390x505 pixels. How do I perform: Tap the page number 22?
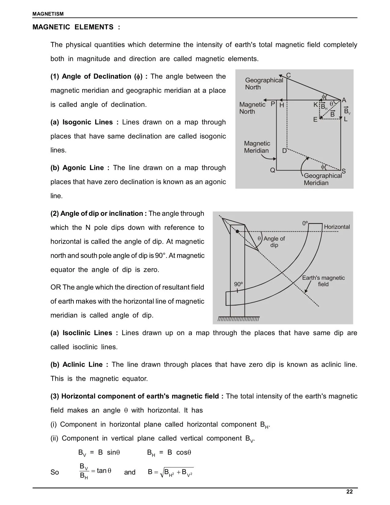click(349, 492)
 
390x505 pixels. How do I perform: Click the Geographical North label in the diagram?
click(264, 84)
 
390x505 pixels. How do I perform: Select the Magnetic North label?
click(252, 108)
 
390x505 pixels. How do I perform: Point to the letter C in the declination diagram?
click(288, 75)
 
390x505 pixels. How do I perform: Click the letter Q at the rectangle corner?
click(273, 170)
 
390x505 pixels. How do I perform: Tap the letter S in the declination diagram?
click(344, 171)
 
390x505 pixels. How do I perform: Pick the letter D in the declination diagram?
click(284, 151)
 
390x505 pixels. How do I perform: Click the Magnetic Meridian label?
click(257, 147)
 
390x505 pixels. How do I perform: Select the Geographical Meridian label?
click(322, 179)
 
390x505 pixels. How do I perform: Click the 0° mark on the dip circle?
click(305, 223)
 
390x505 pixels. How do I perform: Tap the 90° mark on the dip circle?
click(238, 284)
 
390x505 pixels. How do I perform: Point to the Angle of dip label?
click(274, 242)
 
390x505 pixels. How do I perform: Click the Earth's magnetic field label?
click(323, 281)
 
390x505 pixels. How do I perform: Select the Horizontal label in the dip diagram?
click(337, 227)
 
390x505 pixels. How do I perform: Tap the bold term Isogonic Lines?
click(87, 122)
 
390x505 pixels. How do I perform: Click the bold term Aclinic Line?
click(83, 365)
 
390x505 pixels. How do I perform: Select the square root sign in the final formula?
click(162, 473)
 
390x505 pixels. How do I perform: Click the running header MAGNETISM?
click(48, 14)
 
